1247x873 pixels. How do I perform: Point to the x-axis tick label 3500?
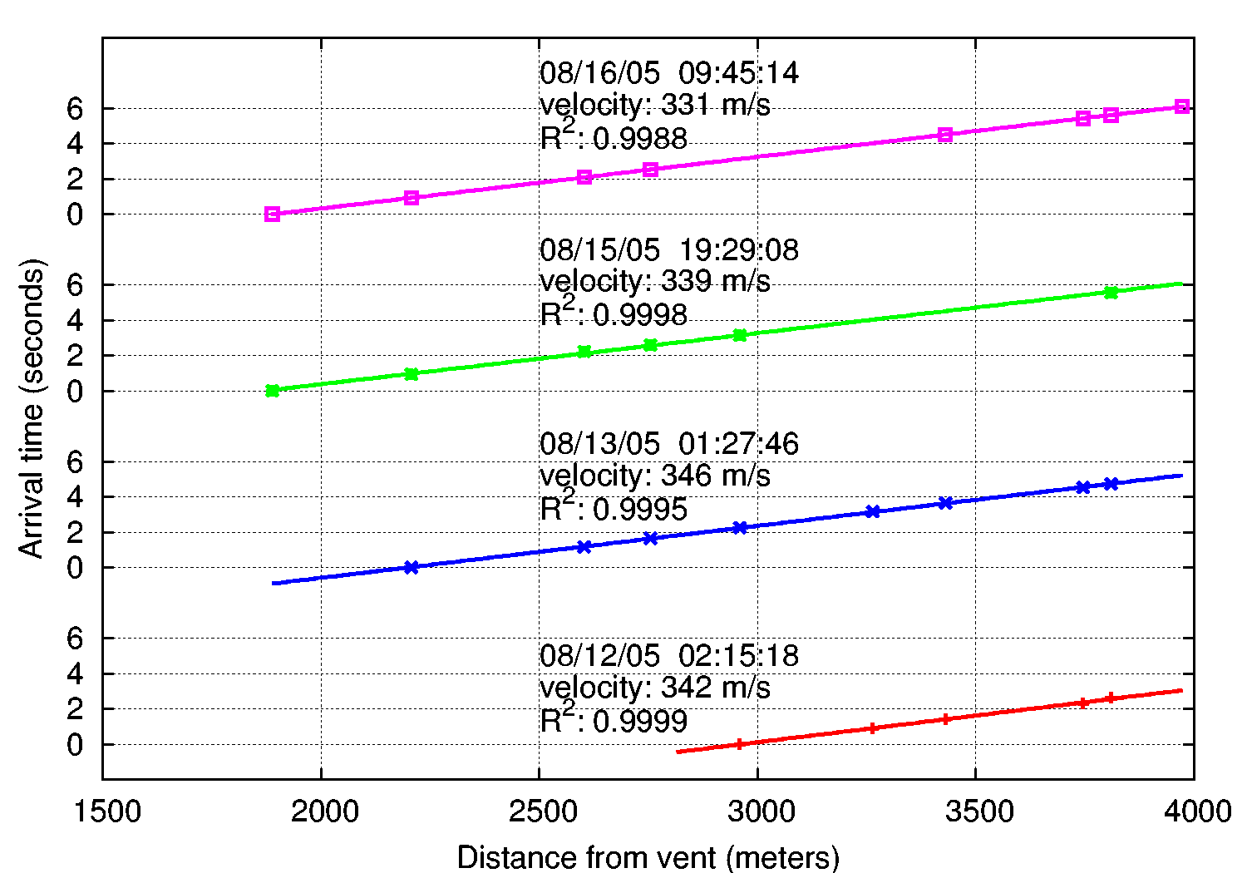pos(976,811)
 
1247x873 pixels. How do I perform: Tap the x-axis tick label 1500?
pos(106,811)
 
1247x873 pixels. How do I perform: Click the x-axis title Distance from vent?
pos(648,857)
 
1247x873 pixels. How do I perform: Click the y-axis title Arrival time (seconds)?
pos(31,408)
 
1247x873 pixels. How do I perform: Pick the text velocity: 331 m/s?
pos(655,106)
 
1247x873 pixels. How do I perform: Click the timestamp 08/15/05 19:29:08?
pos(669,249)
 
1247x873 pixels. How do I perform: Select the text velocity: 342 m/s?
pos(655,688)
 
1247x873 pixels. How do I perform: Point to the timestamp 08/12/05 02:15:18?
pos(669,655)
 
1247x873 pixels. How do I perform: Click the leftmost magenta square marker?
pos(272,214)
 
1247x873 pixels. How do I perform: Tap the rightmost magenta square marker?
pos(1182,106)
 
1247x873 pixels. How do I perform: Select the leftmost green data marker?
pos(272,391)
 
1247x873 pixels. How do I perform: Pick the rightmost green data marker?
pos(1111,292)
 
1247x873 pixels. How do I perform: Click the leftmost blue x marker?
pos(411,567)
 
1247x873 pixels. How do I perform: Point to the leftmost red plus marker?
pos(739,744)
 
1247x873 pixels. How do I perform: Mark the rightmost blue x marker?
pos(1111,484)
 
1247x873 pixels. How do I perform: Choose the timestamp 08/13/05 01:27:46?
pos(669,443)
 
